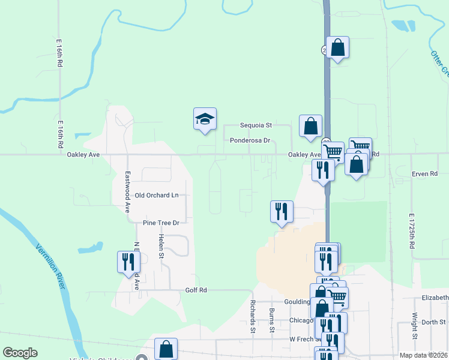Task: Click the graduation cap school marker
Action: click(205, 119)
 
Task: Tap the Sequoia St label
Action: click(256, 125)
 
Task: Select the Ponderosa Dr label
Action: click(250, 140)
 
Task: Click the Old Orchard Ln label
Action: click(157, 196)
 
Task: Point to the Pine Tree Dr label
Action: click(161, 223)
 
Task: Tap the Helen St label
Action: click(161, 247)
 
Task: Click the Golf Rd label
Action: click(196, 290)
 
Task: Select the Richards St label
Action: click(253, 316)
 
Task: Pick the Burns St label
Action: click(271, 320)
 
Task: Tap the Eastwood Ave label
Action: click(127, 192)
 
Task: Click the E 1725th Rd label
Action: click(412, 231)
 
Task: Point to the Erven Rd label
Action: click(424, 174)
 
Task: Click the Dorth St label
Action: click(433, 322)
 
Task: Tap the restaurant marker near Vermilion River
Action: click(128, 262)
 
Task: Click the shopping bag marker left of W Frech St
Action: click(166, 349)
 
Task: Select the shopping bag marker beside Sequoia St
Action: click(310, 126)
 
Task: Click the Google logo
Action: click(20, 353)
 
